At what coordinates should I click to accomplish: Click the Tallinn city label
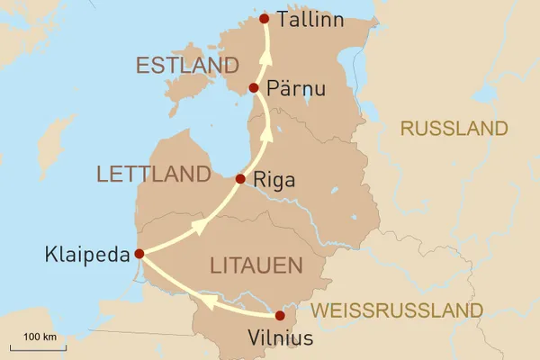[310, 19]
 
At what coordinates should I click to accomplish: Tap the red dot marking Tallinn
[264, 19]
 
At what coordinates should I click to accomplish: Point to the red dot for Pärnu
[254, 88]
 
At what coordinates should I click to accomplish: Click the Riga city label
[275, 180]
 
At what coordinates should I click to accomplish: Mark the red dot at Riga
[239, 179]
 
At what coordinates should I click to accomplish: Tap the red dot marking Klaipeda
[139, 254]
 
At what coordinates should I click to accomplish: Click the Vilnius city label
[281, 340]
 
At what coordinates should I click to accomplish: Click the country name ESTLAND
[186, 66]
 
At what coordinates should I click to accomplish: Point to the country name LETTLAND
[153, 174]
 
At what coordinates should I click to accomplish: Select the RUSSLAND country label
[454, 129]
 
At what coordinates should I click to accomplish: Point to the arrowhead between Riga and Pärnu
[266, 135]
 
